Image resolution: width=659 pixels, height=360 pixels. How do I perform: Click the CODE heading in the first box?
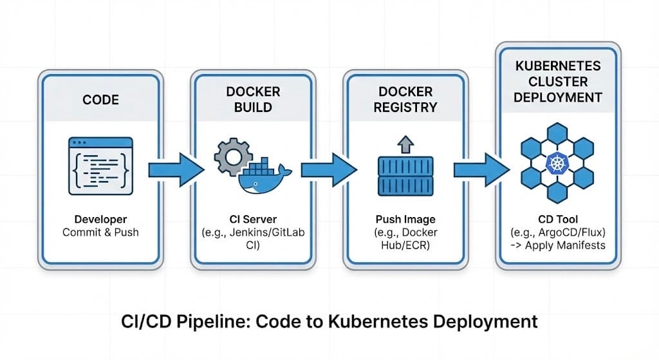pyautogui.click(x=100, y=99)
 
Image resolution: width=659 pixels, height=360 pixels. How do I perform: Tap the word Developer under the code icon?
pyautogui.click(x=100, y=219)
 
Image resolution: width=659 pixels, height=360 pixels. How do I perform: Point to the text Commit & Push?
pyautogui.click(x=100, y=232)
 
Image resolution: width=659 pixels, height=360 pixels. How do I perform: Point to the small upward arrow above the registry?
pyautogui.click(x=405, y=143)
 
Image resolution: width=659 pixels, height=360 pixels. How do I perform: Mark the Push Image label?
pyautogui.click(x=405, y=219)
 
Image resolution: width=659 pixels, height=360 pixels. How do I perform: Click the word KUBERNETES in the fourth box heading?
pyautogui.click(x=558, y=66)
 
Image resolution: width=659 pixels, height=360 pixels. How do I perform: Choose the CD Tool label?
pyautogui.click(x=558, y=219)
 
